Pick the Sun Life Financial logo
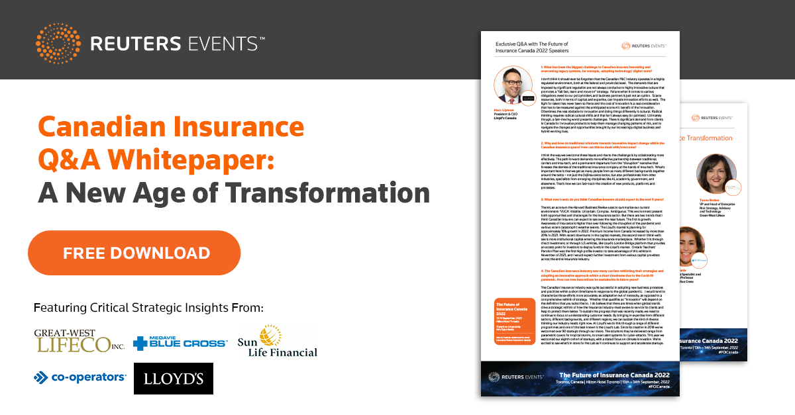tap(278, 342)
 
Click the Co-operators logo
tap(80, 377)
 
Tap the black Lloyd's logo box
tap(174, 379)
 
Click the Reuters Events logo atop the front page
tap(643, 46)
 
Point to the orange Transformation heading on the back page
tap(715, 138)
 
